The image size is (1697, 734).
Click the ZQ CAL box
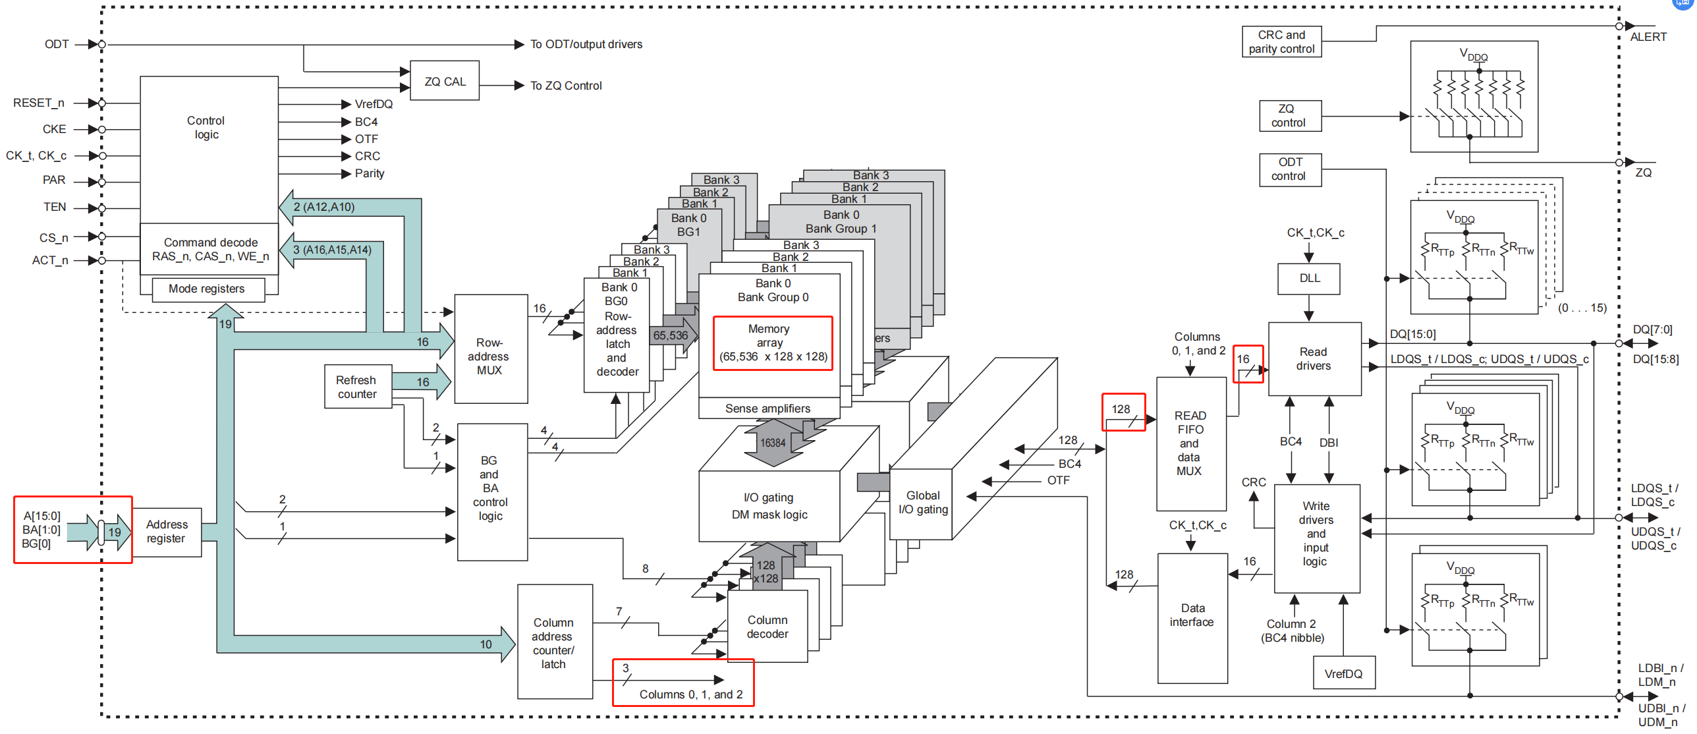coord(445,81)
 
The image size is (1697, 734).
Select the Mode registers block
coord(207,289)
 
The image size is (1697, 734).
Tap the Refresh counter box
coord(357,387)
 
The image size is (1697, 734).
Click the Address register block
coord(167,532)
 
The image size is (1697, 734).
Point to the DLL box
coord(1309,278)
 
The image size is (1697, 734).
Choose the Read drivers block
coord(1314,359)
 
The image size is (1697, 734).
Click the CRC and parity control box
coord(1281,42)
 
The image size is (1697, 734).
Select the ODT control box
coord(1290,169)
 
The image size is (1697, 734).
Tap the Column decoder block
coord(767,627)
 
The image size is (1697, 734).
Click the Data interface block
coord(1192,615)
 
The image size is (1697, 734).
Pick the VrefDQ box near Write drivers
coord(1343,673)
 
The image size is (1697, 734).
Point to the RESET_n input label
coord(39,103)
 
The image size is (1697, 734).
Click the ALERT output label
coord(1648,37)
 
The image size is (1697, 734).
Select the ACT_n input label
coord(50,260)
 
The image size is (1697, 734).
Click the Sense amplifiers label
coord(767,409)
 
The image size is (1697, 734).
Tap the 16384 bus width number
coord(773,443)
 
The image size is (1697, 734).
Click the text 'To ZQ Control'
coord(566,86)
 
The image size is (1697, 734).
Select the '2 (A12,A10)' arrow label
coord(324,207)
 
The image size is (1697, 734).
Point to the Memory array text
coord(769,335)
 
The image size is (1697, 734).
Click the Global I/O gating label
coord(922,502)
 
